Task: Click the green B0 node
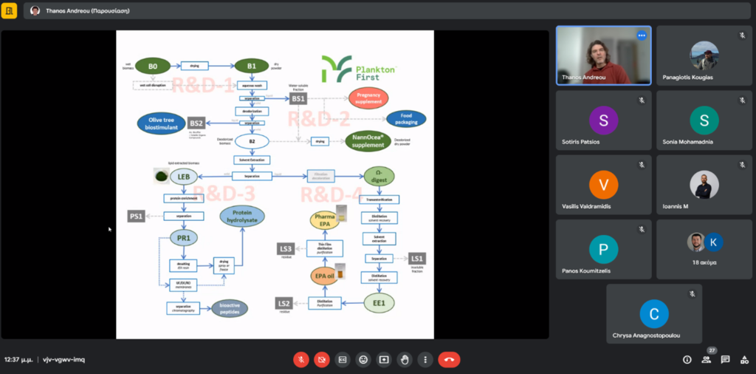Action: tap(153, 67)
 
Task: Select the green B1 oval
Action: tap(252, 67)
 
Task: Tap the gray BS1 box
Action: tap(298, 98)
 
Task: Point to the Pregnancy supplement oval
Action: tap(368, 98)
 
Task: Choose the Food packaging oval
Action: tap(405, 118)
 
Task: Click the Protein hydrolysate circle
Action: tap(242, 216)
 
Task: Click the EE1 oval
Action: tap(379, 303)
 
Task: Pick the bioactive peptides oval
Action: tap(230, 308)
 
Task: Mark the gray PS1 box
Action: tap(136, 216)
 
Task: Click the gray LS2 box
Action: tap(284, 303)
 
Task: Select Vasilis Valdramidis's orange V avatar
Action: tap(603, 185)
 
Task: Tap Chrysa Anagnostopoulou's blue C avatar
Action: tap(653, 313)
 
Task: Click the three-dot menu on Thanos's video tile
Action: tap(641, 35)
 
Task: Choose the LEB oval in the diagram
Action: tap(181, 177)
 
